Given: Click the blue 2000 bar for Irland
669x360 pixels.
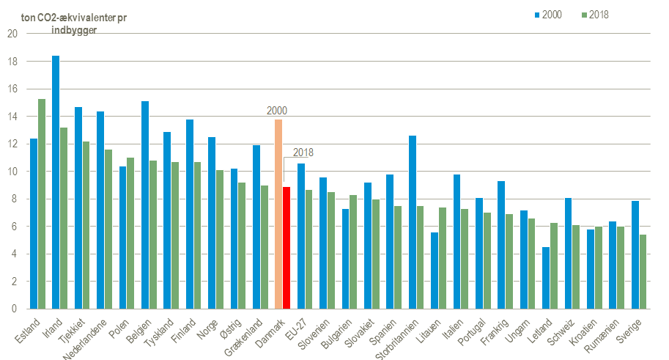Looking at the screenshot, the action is coord(56,183).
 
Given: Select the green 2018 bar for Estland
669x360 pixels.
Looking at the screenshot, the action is coord(42,204).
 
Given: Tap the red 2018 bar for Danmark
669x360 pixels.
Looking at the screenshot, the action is coord(287,248).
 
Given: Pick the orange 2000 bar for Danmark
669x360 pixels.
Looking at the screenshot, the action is coord(278,214).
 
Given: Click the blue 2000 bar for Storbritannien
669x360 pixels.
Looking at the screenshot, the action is coord(412,222).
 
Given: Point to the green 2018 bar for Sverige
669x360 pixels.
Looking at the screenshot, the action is coord(643,271).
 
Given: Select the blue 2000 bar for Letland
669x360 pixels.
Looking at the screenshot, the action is coord(546,278).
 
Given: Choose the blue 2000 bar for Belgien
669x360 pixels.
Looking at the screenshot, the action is coord(145,205).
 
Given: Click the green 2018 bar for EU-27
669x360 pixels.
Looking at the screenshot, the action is coord(309,249).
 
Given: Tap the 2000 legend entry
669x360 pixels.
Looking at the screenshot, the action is coord(548,15).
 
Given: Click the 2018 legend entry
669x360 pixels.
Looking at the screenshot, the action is coord(595,15).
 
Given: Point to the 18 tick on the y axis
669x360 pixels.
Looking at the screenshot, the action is coord(12,62).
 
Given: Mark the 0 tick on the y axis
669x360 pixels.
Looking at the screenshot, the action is coord(15,309).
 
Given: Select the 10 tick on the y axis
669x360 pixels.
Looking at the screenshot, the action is coord(12,172).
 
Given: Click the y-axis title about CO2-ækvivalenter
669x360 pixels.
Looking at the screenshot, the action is coord(74,24).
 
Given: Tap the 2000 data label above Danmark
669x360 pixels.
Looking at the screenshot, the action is coord(277,111).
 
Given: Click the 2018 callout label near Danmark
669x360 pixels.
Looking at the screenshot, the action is coord(303,153).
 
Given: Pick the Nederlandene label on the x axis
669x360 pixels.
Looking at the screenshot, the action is coord(85,339).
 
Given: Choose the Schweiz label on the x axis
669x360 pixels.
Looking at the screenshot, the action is coord(561,332).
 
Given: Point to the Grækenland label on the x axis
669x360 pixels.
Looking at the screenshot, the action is coord(243,338).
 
